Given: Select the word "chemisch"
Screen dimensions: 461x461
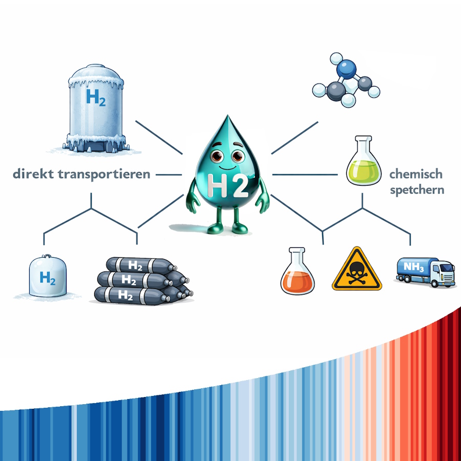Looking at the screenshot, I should click(x=415, y=174).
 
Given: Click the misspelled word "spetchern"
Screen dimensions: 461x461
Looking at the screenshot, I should click(x=417, y=190).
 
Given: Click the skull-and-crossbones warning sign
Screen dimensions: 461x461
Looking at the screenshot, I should click(x=357, y=269).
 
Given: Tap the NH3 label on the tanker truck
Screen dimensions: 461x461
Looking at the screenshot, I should click(x=413, y=266).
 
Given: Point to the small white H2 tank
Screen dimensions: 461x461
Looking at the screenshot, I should click(x=47, y=277).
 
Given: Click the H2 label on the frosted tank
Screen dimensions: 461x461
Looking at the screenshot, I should click(x=96, y=97).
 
